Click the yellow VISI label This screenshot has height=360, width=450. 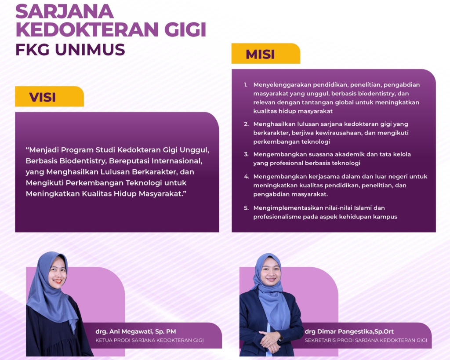click(49, 96)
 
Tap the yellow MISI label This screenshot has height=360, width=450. click(266, 53)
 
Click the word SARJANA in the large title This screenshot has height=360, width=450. click(65, 11)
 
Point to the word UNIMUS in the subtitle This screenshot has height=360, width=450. click(90, 50)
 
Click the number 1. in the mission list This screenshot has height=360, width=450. click(245, 85)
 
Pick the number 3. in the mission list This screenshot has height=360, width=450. click(246, 154)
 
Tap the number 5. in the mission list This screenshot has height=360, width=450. click(246, 208)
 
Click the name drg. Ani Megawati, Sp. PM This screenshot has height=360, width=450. click(136, 331)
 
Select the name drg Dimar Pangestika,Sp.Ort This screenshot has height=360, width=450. click(349, 331)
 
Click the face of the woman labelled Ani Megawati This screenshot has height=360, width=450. click(58, 271)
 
